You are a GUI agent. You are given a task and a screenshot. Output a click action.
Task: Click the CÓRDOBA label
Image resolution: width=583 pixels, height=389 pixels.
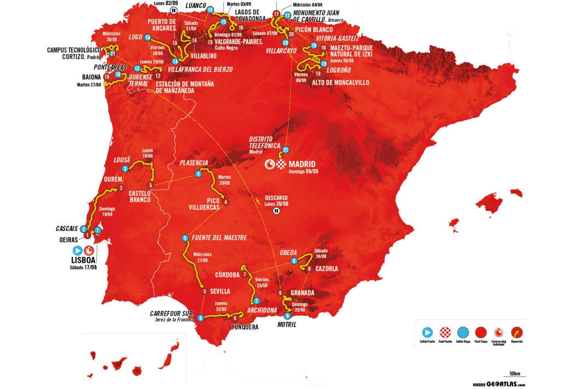(227, 274)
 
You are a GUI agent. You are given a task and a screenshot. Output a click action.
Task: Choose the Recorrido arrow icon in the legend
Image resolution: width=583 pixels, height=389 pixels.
(516, 331)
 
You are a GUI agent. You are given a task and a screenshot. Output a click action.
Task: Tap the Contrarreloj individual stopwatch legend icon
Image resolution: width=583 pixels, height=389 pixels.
(498, 331)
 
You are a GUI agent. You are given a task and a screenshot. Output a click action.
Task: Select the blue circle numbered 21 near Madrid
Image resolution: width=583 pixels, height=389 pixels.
(285, 150)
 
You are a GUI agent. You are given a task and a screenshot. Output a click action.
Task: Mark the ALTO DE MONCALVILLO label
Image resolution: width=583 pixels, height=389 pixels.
(340, 82)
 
